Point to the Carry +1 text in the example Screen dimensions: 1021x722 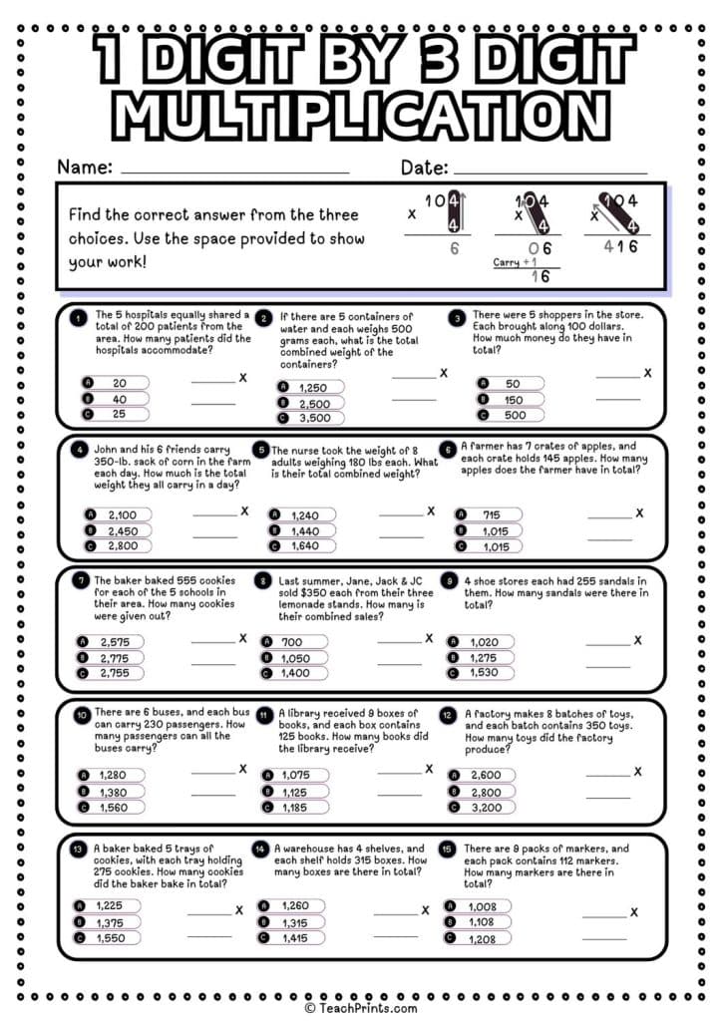pos(515,262)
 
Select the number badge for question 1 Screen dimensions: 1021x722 pos(78,318)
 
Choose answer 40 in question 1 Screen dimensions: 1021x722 pos(118,399)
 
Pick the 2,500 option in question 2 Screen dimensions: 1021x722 pos(311,403)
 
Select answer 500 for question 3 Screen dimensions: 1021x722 pos(512,414)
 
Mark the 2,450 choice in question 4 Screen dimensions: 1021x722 pos(121,530)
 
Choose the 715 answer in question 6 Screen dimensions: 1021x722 pos(491,514)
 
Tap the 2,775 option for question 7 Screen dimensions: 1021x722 pos(116,658)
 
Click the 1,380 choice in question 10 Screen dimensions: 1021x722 pos(116,791)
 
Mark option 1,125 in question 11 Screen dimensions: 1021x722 pos(296,791)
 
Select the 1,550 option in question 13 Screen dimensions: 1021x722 pos(110,937)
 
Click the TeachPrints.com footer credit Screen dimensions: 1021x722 pos(360,1008)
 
